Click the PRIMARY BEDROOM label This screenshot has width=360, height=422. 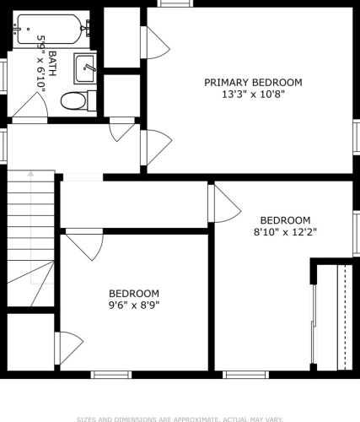[253, 83]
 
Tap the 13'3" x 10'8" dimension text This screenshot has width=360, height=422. [254, 95]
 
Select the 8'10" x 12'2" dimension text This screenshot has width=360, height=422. [285, 232]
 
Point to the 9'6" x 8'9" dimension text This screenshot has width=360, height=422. [134, 306]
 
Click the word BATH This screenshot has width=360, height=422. [52, 63]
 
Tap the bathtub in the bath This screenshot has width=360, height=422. [51, 30]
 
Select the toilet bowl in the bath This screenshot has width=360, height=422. [73, 101]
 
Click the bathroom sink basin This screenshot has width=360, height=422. [84, 68]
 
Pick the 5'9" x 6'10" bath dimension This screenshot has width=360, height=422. [40, 63]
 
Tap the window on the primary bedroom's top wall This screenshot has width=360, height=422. [175, 3]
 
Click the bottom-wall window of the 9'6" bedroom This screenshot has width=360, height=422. [111, 375]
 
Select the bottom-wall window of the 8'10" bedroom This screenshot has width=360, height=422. [246, 375]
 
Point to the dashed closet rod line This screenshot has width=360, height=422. [345, 317]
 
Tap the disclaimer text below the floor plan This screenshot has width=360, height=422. [180, 419]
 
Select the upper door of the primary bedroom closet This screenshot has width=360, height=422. [155, 42]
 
